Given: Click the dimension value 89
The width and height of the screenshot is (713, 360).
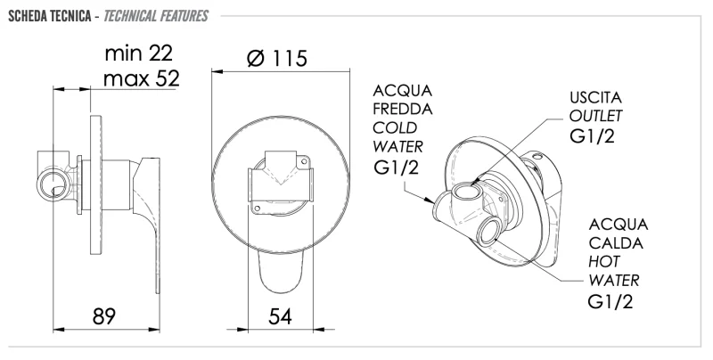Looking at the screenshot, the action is click(103, 316).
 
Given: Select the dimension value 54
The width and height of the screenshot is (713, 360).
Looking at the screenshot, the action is click(280, 316).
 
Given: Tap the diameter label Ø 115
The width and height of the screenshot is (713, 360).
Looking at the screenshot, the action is click(277, 59).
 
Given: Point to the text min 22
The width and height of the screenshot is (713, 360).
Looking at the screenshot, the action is click(139, 53).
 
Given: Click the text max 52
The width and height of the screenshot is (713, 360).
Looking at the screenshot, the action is click(142, 78).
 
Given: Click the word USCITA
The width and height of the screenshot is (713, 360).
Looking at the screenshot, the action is click(595, 98).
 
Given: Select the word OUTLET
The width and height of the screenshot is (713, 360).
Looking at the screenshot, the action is click(595, 116).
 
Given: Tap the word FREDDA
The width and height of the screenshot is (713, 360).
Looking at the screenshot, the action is click(403, 109).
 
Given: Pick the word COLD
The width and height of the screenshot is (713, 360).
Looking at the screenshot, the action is click(395, 127).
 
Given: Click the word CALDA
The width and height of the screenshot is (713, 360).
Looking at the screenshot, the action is click(616, 243).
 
